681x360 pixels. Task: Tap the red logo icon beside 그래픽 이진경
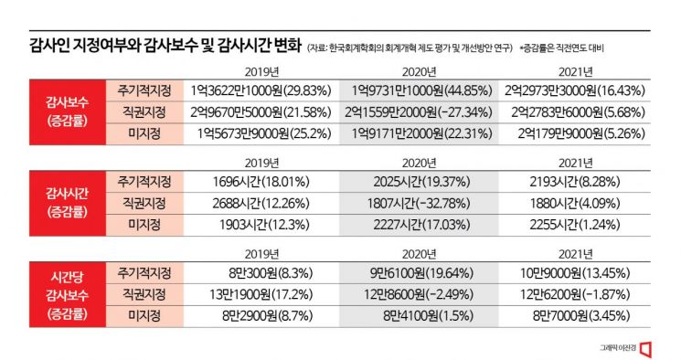(x=647, y=348)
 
